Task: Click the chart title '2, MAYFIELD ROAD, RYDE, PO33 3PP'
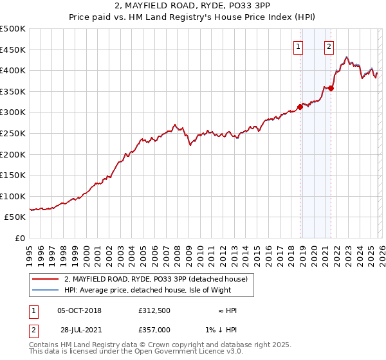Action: (x=193, y=7)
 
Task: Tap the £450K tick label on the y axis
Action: (x=13, y=50)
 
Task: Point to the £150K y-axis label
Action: (x=13, y=175)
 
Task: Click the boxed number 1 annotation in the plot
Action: (x=299, y=46)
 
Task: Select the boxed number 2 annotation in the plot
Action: (x=329, y=46)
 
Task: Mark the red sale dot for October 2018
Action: (x=300, y=107)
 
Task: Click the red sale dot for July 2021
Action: (x=331, y=89)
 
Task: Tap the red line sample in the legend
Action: (x=45, y=279)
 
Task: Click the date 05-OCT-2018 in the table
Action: (x=79, y=310)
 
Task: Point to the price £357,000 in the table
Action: (x=154, y=329)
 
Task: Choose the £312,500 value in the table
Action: (x=154, y=310)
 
